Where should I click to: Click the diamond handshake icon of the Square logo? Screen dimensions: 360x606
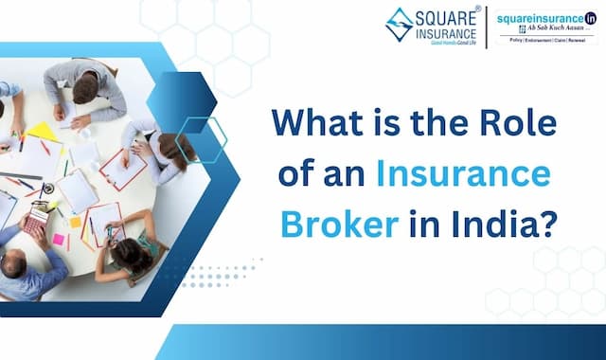(399, 25)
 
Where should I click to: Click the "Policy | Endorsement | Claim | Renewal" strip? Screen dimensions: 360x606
(547, 41)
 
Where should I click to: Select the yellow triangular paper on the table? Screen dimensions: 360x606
(43, 131)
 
